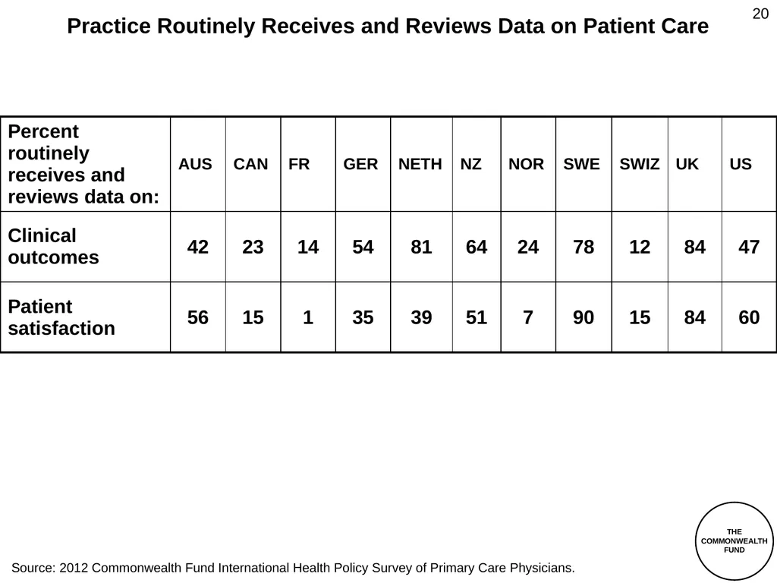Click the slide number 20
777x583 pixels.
tap(760, 14)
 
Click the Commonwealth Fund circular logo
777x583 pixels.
tap(734, 540)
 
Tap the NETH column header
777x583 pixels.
tap(420, 164)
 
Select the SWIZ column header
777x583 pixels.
tap(639, 164)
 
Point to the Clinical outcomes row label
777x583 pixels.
tap(54, 247)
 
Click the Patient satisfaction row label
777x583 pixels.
tap(61, 317)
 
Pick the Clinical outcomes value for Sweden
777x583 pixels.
tap(584, 247)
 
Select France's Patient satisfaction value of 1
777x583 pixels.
tap(308, 317)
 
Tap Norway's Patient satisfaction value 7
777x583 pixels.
tap(528, 317)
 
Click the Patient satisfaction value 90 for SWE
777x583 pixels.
tap(584, 317)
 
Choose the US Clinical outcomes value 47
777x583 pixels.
tap(749, 247)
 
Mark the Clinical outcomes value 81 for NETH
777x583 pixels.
tap(421, 247)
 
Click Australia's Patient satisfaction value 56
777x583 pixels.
tap(198, 317)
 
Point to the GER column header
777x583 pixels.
tap(360, 164)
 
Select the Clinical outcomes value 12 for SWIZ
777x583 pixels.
tap(640, 247)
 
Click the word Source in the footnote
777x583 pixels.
tap(33, 568)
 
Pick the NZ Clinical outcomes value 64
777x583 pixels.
tap(477, 247)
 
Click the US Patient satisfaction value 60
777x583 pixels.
tap(749, 317)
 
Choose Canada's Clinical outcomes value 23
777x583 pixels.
tap(253, 247)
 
